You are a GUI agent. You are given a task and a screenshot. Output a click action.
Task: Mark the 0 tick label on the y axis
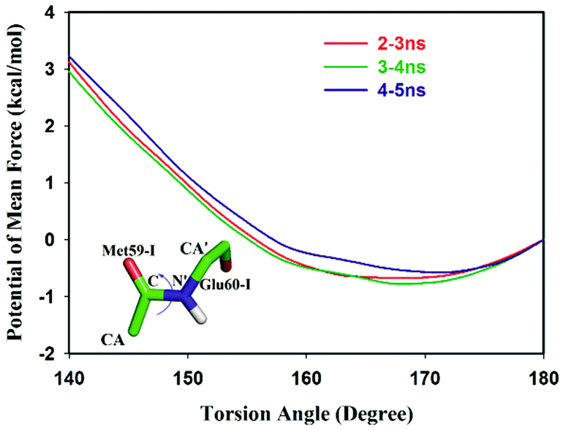53,240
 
